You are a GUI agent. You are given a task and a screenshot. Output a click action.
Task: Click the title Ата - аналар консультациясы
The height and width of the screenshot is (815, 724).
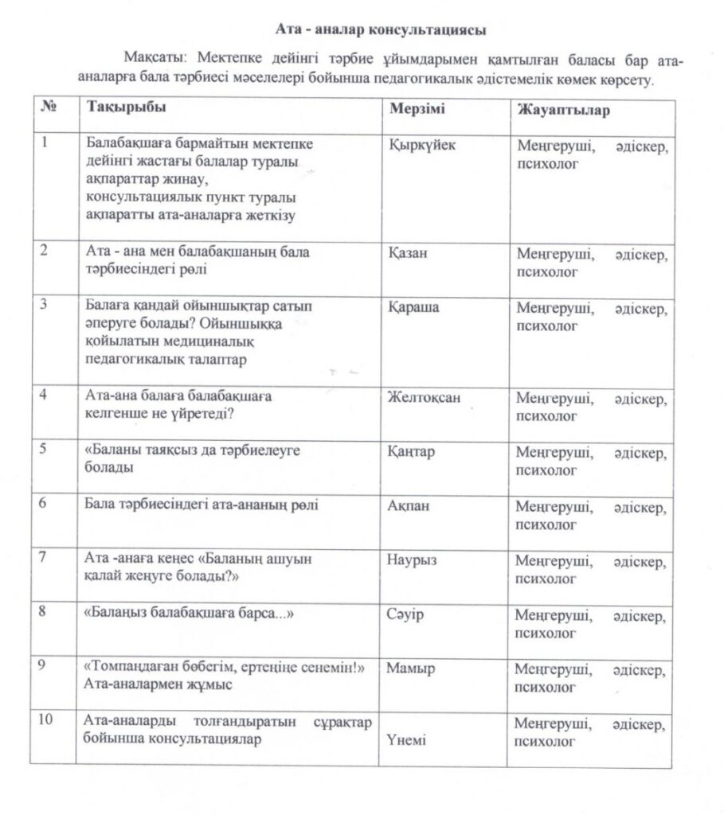click(380, 29)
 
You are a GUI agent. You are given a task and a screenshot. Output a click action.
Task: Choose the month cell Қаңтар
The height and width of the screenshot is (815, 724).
click(413, 452)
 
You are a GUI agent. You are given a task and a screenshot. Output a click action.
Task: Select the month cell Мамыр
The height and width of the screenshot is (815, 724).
click(411, 669)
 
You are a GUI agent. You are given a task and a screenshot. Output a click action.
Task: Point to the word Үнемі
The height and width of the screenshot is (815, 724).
click(406, 740)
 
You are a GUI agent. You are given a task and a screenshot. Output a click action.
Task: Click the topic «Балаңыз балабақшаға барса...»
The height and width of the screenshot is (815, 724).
click(185, 614)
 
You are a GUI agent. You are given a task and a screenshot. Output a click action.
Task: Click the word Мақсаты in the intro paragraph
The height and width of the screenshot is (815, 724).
click(151, 60)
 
